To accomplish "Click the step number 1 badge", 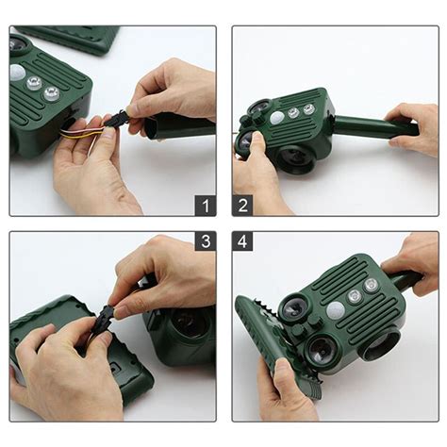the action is point(206,206).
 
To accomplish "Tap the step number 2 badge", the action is point(242,206).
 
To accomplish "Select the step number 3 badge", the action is point(206,241).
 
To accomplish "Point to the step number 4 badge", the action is point(242,241).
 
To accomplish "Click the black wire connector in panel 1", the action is point(117,121).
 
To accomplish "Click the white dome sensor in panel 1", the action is point(18,73).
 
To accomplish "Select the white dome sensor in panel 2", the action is point(277,117).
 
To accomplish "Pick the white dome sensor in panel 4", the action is point(336,310).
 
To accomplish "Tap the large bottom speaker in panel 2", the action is point(297,159).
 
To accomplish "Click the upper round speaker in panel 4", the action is point(292,308).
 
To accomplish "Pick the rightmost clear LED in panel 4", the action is point(372,286).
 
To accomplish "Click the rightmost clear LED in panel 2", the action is point(308,109).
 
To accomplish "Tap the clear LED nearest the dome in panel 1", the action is point(34,83).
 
